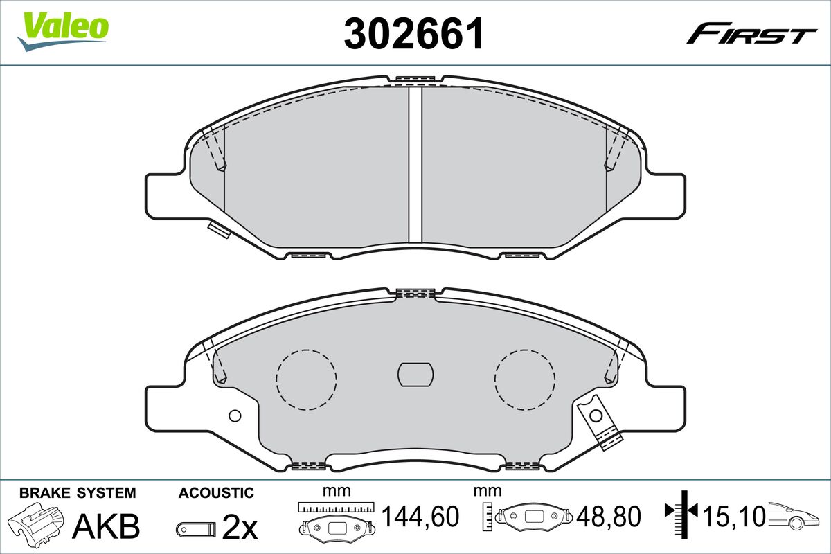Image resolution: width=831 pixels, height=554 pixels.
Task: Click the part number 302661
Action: (x=414, y=33)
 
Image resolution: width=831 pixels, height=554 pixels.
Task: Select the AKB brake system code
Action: (x=106, y=526)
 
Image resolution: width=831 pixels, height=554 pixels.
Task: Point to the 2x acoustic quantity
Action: (x=240, y=526)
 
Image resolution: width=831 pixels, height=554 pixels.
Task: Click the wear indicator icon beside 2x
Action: (x=196, y=529)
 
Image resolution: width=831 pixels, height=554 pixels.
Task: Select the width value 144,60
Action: (x=421, y=516)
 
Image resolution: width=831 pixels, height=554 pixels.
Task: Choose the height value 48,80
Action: (x=609, y=516)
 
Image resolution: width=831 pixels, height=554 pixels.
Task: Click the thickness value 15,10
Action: (x=735, y=516)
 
